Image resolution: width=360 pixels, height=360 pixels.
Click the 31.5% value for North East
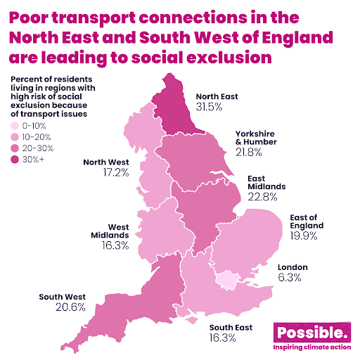(208, 107)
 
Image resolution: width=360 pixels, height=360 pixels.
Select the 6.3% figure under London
(290, 278)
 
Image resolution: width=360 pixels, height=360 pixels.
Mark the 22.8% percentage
(264, 197)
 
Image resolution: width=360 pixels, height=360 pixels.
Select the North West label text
(106, 161)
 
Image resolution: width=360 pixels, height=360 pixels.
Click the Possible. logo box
(309, 333)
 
